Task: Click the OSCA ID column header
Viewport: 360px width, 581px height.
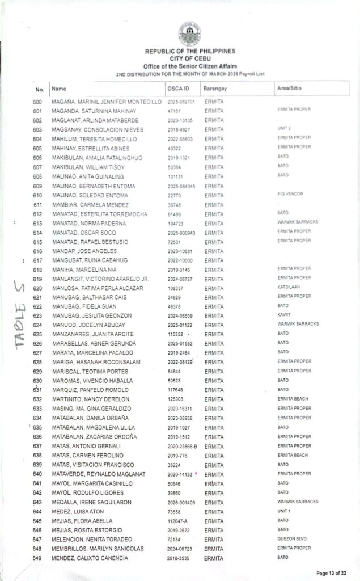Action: (x=178, y=89)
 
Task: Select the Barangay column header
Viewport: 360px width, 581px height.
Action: (x=215, y=90)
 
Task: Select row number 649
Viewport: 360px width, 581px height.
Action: (x=38, y=558)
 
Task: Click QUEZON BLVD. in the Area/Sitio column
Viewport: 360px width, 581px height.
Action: (x=292, y=539)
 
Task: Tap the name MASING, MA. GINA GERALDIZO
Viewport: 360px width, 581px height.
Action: (x=91, y=409)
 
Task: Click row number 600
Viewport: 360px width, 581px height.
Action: (x=38, y=101)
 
